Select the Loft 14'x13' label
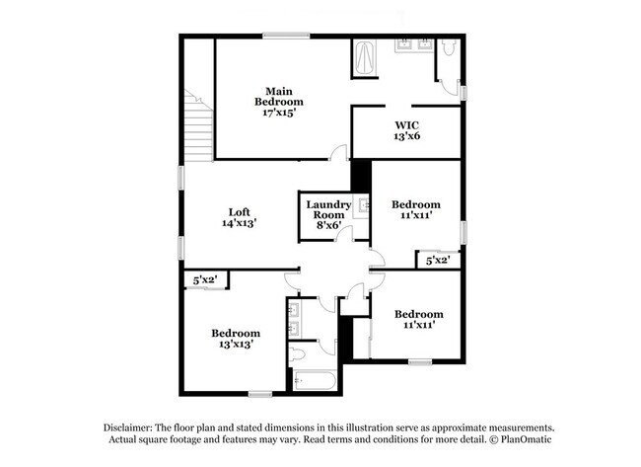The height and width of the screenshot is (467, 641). pyautogui.click(x=239, y=217)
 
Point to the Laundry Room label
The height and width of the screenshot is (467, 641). pyautogui.click(x=328, y=213)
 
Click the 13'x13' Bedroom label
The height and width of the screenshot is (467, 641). pyautogui.click(x=236, y=339)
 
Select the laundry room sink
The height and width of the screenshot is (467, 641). pyautogui.click(x=363, y=206)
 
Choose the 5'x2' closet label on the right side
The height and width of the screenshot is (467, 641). pyautogui.click(x=438, y=260)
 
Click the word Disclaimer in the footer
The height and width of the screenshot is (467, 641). pyautogui.click(x=131, y=426)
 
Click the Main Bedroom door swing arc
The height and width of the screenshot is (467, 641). pyautogui.click(x=338, y=152)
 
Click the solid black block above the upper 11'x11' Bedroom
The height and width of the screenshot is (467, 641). pyautogui.click(x=361, y=175)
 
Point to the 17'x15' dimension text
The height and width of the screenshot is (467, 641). pyautogui.click(x=279, y=113)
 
